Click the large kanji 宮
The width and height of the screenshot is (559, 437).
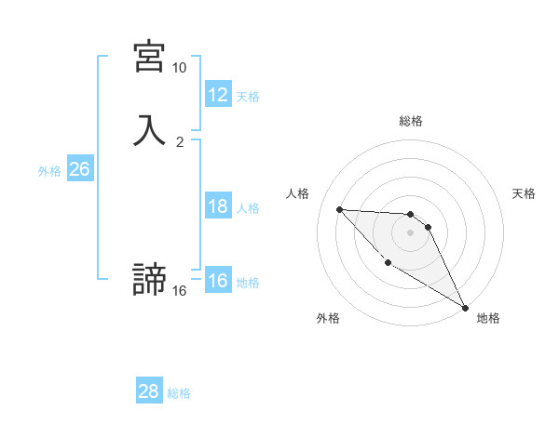click(149, 58)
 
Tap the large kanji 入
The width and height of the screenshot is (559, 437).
click(149, 131)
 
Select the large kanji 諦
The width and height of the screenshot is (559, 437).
click(149, 280)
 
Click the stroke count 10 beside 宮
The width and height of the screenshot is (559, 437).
click(179, 68)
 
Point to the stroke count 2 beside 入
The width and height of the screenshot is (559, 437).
click(179, 142)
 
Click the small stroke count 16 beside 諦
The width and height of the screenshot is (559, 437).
click(179, 291)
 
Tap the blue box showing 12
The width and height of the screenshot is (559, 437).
click(217, 95)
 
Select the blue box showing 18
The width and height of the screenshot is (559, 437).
click(217, 206)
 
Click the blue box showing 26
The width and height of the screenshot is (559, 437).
click(79, 169)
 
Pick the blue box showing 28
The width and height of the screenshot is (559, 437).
click(148, 391)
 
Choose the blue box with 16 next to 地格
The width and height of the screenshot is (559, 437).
click(217, 281)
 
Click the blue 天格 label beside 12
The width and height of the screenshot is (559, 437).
click(248, 97)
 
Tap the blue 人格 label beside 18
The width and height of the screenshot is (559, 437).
click(248, 208)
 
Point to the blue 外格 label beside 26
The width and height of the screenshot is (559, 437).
click(49, 171)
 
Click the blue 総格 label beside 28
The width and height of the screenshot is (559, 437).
click(179, 393)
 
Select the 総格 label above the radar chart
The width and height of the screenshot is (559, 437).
click(410, 121)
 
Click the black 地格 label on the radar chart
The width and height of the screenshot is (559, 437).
click(488, 318)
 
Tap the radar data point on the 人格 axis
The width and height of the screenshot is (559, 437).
click(339, 209)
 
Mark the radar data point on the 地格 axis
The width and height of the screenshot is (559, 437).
click(466, 307)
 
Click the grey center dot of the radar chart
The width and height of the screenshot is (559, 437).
click(410, 232)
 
